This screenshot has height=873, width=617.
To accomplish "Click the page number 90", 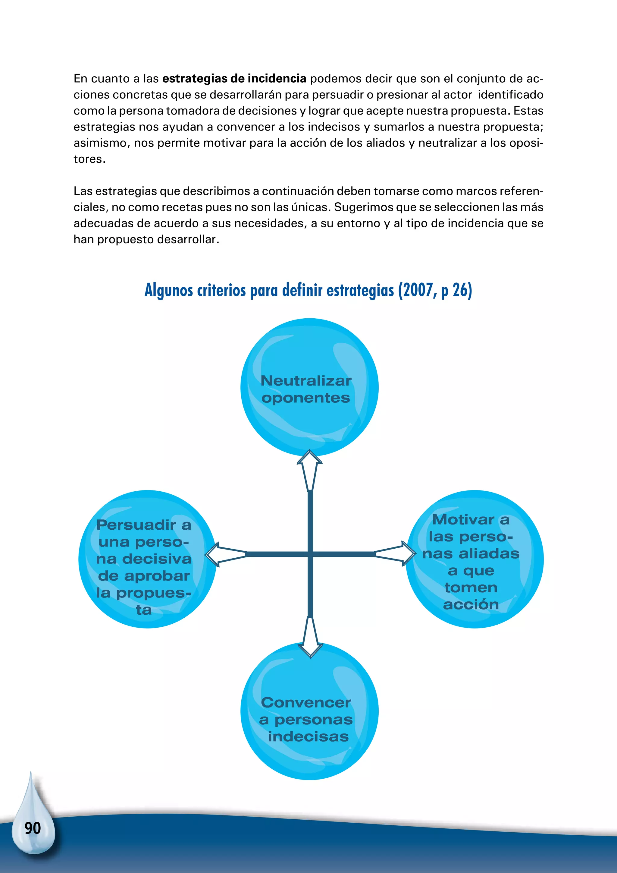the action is click(33, 828).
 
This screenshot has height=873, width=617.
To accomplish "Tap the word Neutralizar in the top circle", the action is click(306, 381).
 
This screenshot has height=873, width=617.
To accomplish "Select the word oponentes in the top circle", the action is click(305, 398).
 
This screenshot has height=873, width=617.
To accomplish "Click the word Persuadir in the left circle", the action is click(136, 525).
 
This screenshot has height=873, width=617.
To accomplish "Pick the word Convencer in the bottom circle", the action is click(306, 703).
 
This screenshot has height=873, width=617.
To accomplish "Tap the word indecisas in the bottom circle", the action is click(308, 736).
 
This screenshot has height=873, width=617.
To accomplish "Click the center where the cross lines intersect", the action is click(310, 554).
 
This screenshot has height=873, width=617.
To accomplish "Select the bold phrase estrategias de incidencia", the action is click(234, 78).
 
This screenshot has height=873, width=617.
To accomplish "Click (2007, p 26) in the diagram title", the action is click(435, 290).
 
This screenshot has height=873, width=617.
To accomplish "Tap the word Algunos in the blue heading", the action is click(169, 290).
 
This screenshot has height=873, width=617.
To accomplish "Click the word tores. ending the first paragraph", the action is click(89, 159).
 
